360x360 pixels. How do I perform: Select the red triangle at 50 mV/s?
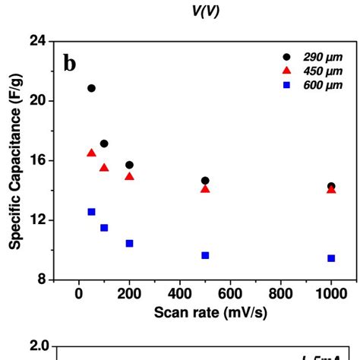tap(91, 153)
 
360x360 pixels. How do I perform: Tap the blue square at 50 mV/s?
tap(91, 212)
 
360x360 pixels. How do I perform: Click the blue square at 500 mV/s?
tap(205, 255)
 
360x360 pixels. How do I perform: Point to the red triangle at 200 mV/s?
tap(129, 176)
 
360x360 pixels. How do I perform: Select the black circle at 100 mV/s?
tap(104, 144)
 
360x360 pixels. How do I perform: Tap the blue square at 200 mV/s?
tap(129, 243)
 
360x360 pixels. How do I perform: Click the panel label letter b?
tap(69, 64)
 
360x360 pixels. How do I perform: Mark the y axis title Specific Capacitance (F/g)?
tap(14, 161)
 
